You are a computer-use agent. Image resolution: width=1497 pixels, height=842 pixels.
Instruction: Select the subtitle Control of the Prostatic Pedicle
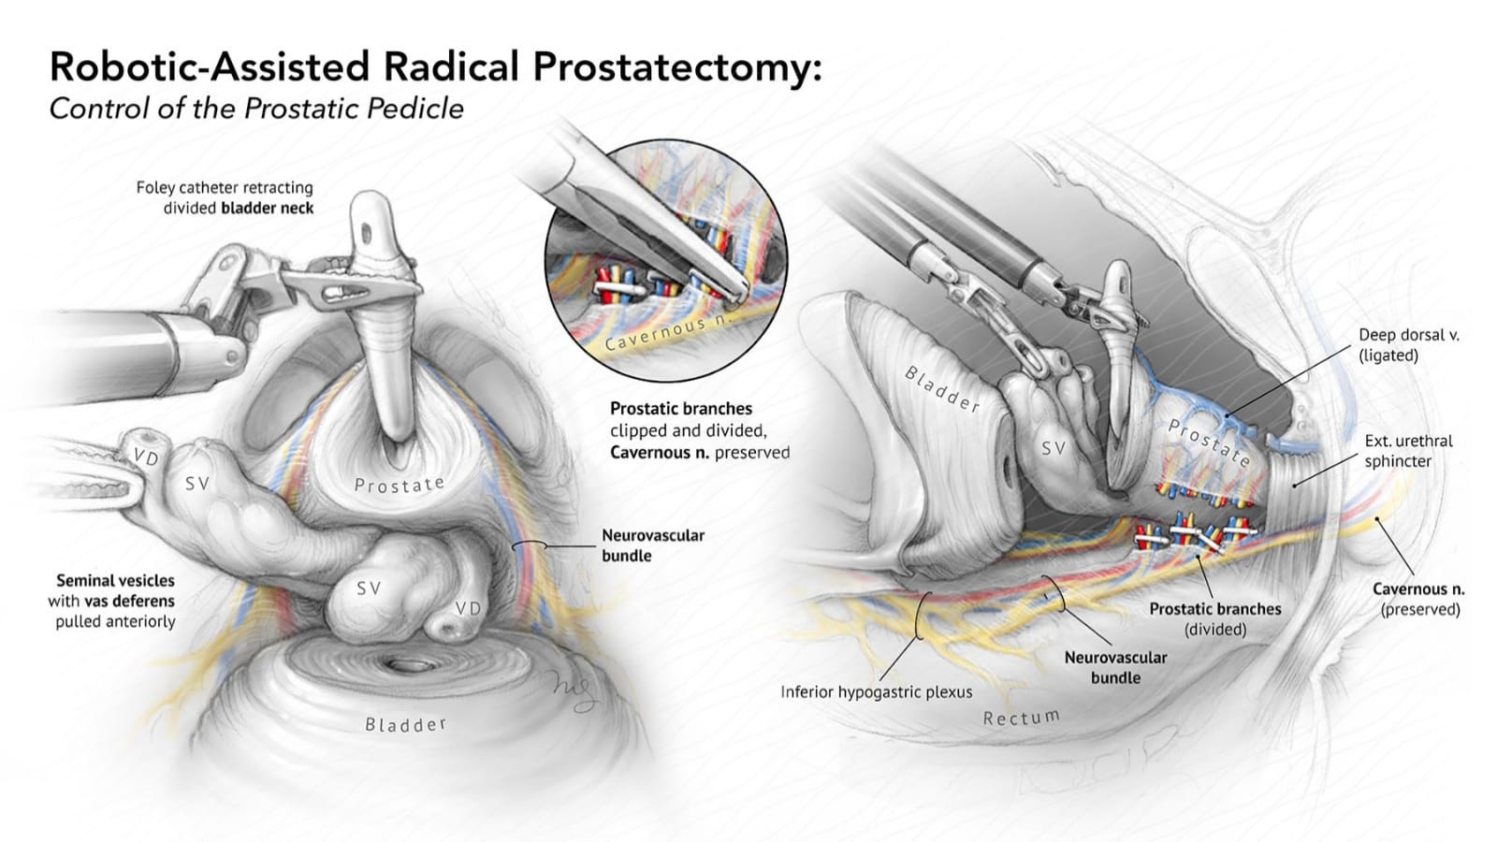[256, 109]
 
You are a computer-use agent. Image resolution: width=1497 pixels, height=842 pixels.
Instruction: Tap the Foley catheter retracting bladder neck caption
[225, 197]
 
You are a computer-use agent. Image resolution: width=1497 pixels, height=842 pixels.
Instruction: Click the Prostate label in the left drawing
[400, 484]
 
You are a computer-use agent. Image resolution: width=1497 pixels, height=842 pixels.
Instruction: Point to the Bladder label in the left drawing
[405, 724]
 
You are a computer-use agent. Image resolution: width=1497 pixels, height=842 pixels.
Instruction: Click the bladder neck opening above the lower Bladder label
[408, 665]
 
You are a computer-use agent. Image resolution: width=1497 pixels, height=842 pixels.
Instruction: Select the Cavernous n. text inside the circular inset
[664, 332]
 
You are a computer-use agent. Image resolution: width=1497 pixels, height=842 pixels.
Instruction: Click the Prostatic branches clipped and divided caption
[699, 430]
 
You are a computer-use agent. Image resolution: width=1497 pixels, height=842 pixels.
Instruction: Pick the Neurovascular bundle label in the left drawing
[652, 544]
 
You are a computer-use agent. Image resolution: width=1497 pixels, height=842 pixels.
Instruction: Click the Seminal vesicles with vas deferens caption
[114, 601]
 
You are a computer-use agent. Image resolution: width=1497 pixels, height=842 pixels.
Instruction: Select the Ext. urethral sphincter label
[1395, 450]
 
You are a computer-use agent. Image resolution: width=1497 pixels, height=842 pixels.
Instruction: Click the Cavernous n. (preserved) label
[1418, 599]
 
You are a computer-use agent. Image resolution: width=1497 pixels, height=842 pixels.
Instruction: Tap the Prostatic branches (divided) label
[1214, 618]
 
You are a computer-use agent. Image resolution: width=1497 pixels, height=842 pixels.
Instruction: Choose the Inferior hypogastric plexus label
[876, 692]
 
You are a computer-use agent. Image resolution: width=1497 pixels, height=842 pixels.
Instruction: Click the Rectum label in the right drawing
[1021, 718]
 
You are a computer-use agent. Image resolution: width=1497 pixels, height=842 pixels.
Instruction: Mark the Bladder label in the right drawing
[941, 389]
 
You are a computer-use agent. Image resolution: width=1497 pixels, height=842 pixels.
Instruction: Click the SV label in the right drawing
[1054, 448]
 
